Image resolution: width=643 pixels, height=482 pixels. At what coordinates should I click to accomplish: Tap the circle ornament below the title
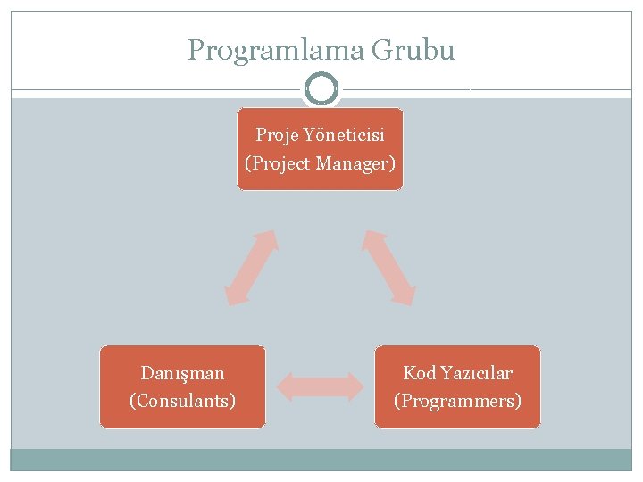(x=321, y=89)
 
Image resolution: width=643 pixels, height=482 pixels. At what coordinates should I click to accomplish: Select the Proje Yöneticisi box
(x=320, y=149)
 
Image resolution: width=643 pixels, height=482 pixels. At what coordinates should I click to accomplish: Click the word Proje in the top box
(x=277, y=136)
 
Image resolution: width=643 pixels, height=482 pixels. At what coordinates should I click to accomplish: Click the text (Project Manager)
(x=320, y=164)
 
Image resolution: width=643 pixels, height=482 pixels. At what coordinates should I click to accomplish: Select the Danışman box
(x=183, y=386)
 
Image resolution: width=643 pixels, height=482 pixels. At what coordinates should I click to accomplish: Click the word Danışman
(x=183, y=373)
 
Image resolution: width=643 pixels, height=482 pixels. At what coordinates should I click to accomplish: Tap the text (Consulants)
(x=183, y=401)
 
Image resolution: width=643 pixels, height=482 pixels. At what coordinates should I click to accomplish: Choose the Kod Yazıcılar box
(x=458, y=386)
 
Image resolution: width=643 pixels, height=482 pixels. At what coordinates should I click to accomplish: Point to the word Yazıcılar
(x=475, y=373)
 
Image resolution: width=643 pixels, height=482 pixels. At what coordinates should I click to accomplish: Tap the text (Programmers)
(x=458, y=401)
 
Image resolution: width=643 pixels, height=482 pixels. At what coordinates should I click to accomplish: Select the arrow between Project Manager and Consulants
(x=251, y=268)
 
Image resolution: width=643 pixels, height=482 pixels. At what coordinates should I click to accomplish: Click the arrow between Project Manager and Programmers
(x=388, y=268)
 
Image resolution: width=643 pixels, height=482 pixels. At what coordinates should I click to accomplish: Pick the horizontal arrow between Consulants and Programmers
(x=321, y=386)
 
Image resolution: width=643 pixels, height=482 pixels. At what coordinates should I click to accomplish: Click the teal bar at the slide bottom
(x=321, y=460)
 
